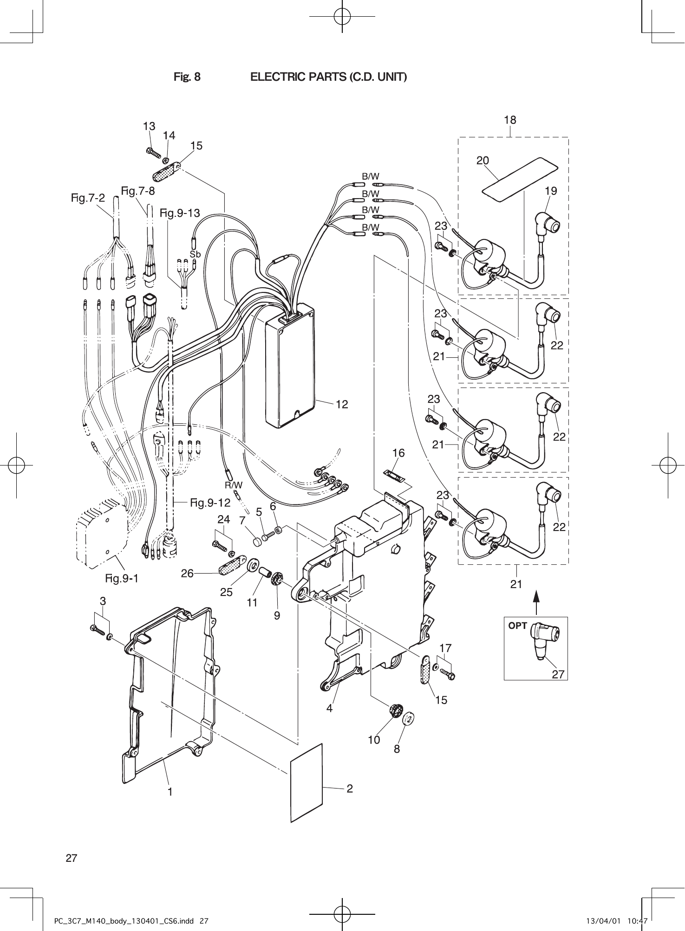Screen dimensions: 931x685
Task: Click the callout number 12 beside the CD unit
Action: coord(342,404)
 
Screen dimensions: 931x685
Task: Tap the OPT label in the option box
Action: coord(518,626)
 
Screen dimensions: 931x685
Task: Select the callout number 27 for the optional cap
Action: coord(558,674)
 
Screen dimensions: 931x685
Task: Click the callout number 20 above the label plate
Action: coord(483,161)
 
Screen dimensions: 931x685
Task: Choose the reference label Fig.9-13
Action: coord(180,213)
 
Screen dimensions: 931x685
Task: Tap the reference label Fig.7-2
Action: coord(88,198)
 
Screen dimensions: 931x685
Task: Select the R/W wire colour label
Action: coord(234,485)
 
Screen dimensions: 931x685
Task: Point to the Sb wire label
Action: coord(195,254)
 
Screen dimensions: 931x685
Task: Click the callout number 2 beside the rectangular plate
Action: coord(350,789)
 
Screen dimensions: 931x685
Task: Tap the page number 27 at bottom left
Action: coord(71,858)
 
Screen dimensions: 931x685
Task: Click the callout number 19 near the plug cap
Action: coord(551,191)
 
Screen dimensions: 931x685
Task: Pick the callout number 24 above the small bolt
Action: coord(224,520)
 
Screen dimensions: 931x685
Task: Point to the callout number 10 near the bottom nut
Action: coord(374,740)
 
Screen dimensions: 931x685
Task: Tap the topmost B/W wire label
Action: coord(371,176)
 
